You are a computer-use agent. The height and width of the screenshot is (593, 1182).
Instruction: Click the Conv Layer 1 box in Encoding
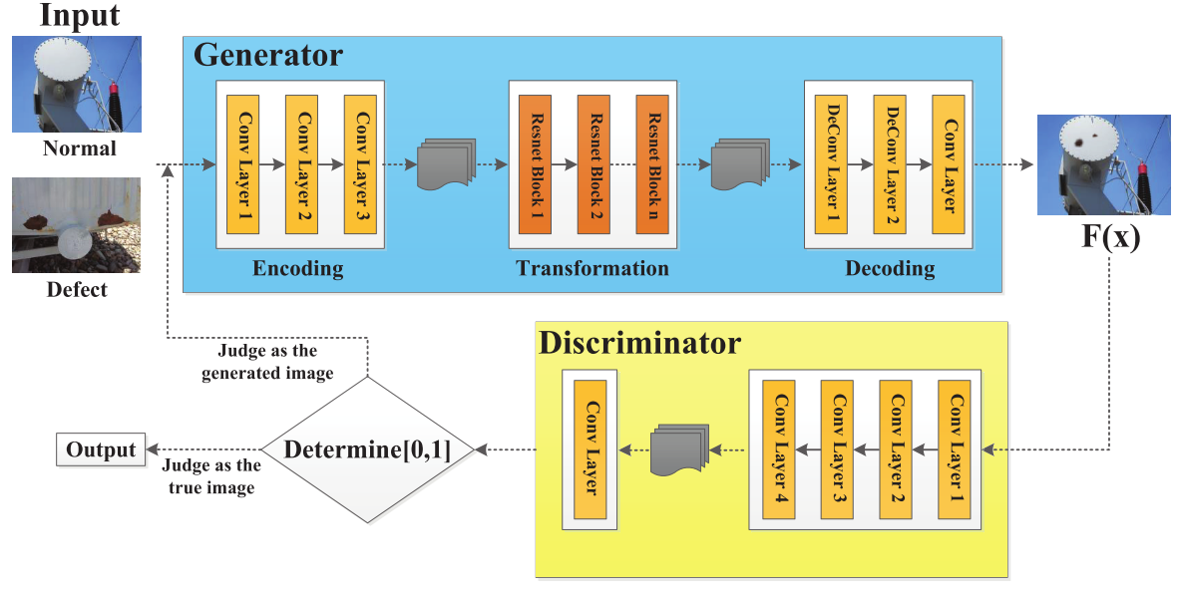point(242,164)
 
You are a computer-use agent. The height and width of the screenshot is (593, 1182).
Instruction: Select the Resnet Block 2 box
point(593,164)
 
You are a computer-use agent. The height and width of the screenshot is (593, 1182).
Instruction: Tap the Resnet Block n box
point(652,164)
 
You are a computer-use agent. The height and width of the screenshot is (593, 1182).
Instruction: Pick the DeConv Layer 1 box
point(830,164)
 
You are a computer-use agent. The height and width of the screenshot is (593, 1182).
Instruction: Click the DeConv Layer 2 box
point(889,164)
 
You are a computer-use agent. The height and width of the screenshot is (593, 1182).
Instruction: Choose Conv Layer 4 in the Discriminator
point(778,450)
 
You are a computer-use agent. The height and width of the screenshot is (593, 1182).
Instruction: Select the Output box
point(100,450)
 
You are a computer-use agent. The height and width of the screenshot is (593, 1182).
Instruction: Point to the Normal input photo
point(77,85)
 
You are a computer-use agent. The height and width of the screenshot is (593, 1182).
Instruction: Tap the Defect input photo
point(77,225)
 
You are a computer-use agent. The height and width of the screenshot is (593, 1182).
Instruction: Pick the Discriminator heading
point(639,344)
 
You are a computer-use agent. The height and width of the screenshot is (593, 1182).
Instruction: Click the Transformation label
point(592,268)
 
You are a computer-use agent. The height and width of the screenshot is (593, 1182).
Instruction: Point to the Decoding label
point(890,268)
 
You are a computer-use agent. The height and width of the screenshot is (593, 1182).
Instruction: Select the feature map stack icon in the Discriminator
point(678,451)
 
